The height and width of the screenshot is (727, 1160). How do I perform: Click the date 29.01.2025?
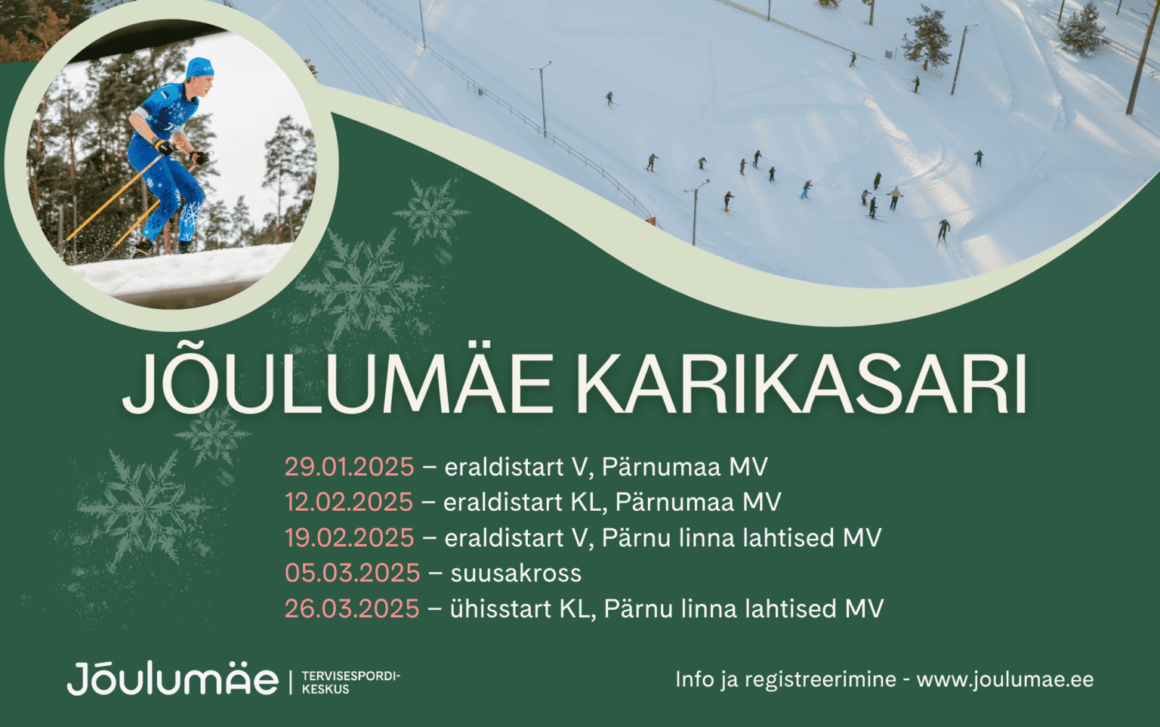(349, 467)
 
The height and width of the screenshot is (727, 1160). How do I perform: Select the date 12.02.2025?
(348, 502)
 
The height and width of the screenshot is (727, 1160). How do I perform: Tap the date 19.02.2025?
(349, 537)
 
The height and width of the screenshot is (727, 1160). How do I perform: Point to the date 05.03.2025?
(352, 573)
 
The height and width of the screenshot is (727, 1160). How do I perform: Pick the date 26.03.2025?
(352, 608)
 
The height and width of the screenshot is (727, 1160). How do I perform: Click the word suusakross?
(516, 574)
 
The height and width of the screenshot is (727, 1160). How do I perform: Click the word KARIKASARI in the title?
(801, 383)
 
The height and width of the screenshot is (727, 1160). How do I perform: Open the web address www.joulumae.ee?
(1005, 680)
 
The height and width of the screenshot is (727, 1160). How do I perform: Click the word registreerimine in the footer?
(820, 680)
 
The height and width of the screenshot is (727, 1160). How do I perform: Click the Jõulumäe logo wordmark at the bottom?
(172, 679)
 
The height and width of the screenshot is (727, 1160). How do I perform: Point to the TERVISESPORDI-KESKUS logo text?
(351, 682)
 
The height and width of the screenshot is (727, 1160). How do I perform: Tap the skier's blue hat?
(200, 68)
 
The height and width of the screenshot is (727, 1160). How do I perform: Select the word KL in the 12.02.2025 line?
(588, 502)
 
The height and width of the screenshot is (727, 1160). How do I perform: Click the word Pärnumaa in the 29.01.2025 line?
(661, 467)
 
